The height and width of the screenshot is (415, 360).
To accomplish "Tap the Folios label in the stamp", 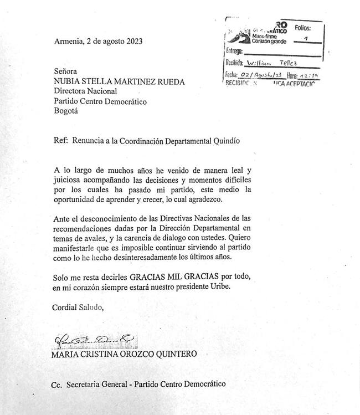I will [x=303, y=27].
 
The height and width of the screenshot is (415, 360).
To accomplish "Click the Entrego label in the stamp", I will [x=235, y=51].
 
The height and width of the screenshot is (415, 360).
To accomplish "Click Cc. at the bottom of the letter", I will [x=56, y=384].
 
